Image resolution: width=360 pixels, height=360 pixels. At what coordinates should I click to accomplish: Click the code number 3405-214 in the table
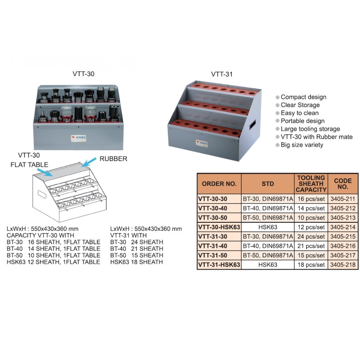coord(342,227)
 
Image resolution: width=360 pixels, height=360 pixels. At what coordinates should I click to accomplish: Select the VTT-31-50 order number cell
coord(212,255)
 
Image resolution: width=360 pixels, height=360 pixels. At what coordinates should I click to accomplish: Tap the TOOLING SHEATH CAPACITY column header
coord(311,184)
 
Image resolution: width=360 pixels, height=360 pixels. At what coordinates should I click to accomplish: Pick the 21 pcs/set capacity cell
coord(311,246)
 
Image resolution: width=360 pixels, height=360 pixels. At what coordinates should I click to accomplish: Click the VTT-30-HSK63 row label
coord(219,227)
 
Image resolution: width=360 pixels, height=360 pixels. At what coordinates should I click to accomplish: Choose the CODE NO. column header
coord(343,184)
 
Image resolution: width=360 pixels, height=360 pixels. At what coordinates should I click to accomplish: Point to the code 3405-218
coord(342,265)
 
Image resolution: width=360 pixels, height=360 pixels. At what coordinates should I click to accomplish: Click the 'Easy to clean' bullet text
coord(300,113)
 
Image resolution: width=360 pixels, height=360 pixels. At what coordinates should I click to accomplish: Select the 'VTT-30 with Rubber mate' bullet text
coord(317,137)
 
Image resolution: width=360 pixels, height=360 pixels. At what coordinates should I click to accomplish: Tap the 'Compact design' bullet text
coord(303,97)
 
